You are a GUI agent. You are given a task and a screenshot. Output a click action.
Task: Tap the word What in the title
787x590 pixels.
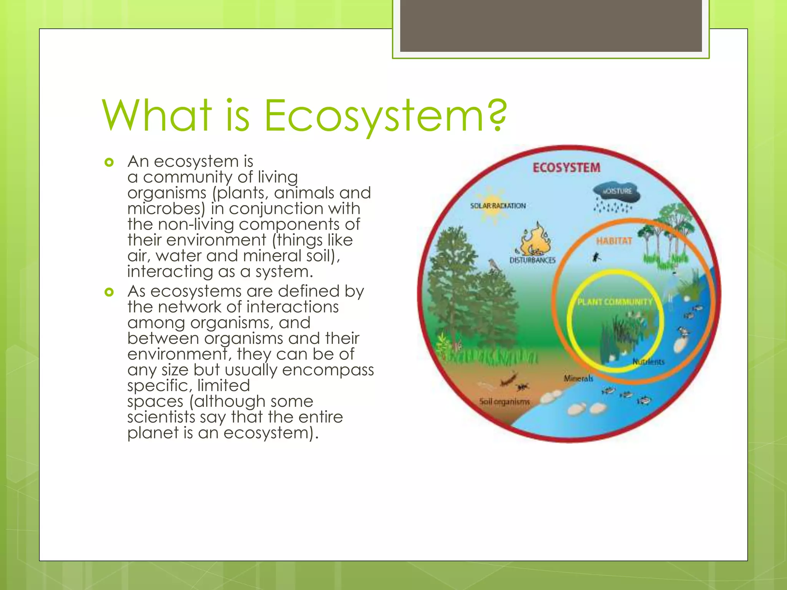(x=157, y=115)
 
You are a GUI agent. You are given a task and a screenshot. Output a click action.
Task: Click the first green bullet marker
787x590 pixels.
(x=110, y=162)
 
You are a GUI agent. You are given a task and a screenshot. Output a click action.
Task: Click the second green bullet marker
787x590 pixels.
(x=110, y=292)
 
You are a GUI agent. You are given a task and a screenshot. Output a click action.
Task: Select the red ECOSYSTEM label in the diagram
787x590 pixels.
(x=566, y=168)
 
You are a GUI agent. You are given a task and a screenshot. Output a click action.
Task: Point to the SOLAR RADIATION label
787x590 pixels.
(x=498, y=206)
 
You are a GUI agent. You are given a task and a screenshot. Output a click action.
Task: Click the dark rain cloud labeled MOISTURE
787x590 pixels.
(x=616, y=192)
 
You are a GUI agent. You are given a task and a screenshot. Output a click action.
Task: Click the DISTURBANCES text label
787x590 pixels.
(x=532, y=260)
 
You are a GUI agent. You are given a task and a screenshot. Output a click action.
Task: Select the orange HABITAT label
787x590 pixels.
(x=614, y=241)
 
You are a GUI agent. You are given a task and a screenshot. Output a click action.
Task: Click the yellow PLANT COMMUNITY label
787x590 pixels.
(x=614, y=302)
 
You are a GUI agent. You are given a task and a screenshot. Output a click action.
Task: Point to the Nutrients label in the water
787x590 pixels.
(x=648, y=362)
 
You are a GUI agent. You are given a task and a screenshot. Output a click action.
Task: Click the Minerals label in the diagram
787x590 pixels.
(x=578, y=378)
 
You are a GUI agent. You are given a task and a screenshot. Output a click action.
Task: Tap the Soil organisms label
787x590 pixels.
(x=504, y=402)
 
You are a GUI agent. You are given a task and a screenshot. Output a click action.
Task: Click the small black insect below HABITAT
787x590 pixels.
(x=596, y=257)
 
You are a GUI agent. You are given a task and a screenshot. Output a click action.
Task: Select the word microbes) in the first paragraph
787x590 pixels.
(x=166, y=209)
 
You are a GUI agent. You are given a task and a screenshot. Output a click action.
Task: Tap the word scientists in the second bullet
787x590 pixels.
(x=161, y=417)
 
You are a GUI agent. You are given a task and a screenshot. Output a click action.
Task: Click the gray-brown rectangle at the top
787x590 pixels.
(x=551, y=25)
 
